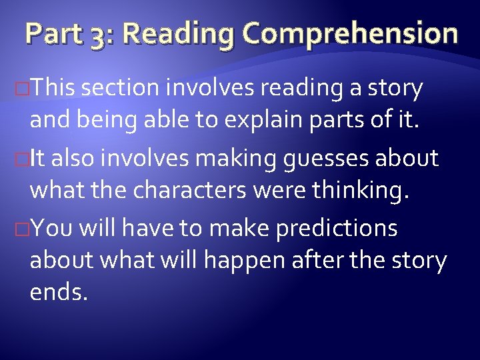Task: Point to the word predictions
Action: coord(335,229)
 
